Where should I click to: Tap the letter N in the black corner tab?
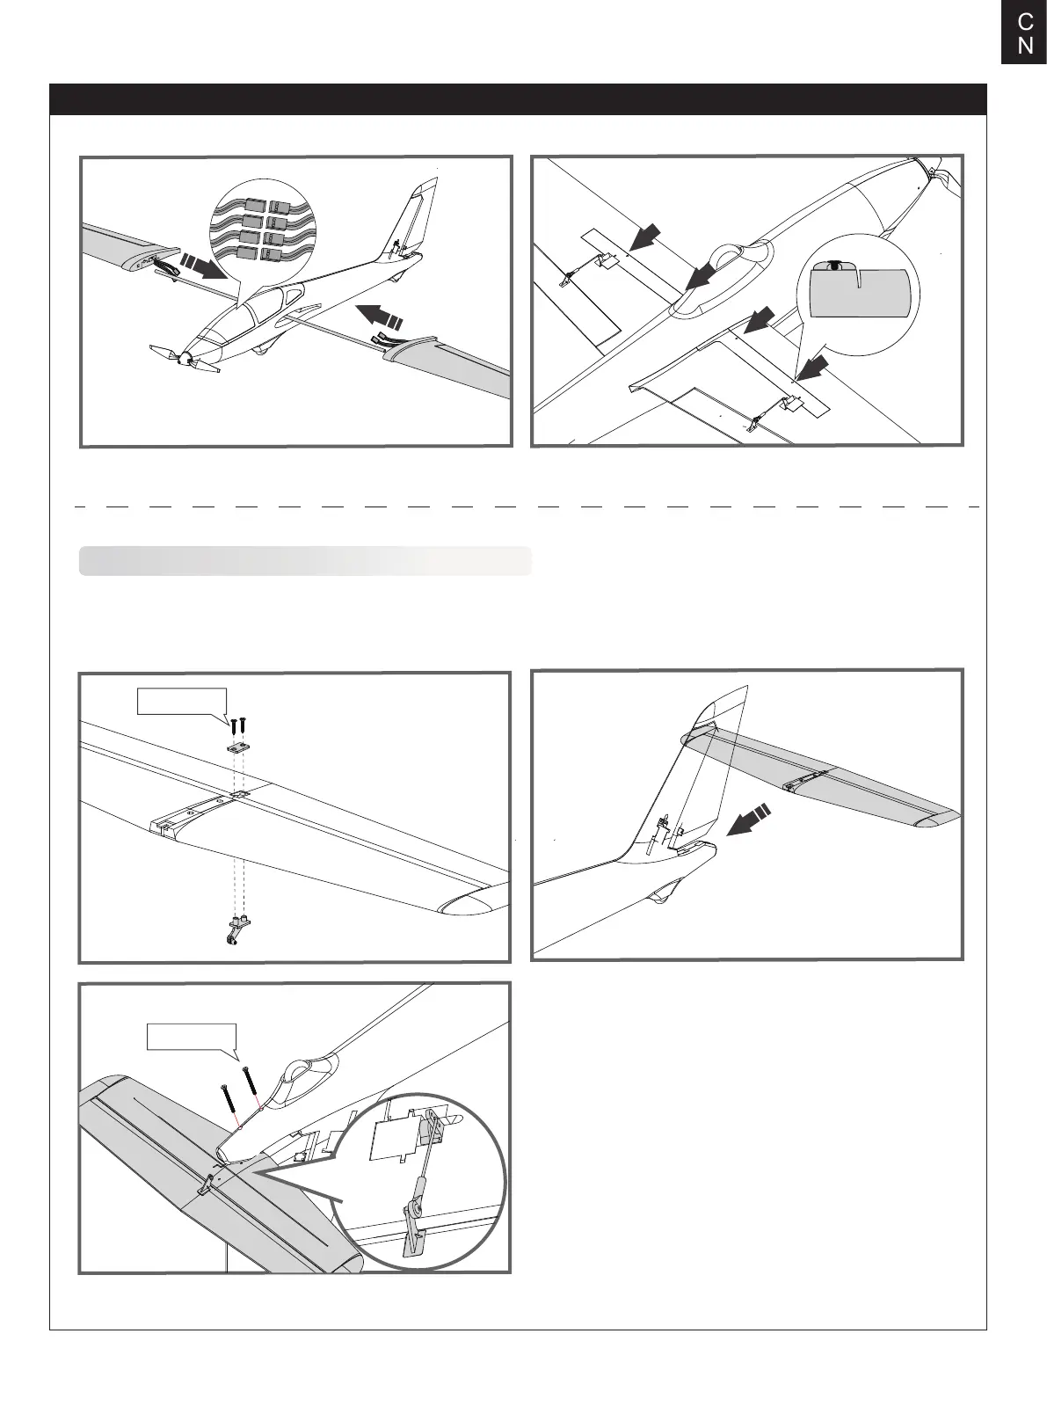coord(1025,46)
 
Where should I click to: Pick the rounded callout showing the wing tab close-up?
coord(857,295)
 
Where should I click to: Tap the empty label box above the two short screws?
coord(182,702)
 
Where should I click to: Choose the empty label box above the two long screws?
coord(193,1037)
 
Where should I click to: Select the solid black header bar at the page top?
coord(518,99)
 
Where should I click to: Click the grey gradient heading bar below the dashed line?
coord(305,561)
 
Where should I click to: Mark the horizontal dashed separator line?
coord(523,507)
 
